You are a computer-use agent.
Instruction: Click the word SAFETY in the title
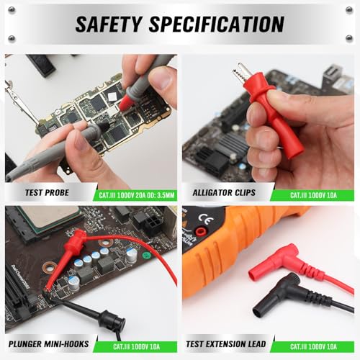click(x=108, y=24)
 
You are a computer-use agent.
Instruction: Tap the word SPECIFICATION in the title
click(x=217, y=24)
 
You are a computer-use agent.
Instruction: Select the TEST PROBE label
click(x=47, y=192)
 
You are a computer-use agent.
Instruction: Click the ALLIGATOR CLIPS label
click(x=224, y=192)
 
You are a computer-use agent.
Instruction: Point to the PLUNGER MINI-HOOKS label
click(x=49, y=344)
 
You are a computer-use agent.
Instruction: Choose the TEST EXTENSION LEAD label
click(x=226, y=344)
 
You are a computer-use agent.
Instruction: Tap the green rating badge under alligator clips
click(x=313, y=195)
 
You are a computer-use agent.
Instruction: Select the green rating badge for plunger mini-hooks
click(x=136, y=346)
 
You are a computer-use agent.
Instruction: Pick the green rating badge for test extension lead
click(x=313, y=346)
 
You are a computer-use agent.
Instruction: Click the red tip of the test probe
click(x=125, y=102)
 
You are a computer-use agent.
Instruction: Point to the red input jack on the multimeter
click(x=200, y=231)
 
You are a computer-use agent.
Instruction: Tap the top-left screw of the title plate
click(x=12, y=10)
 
